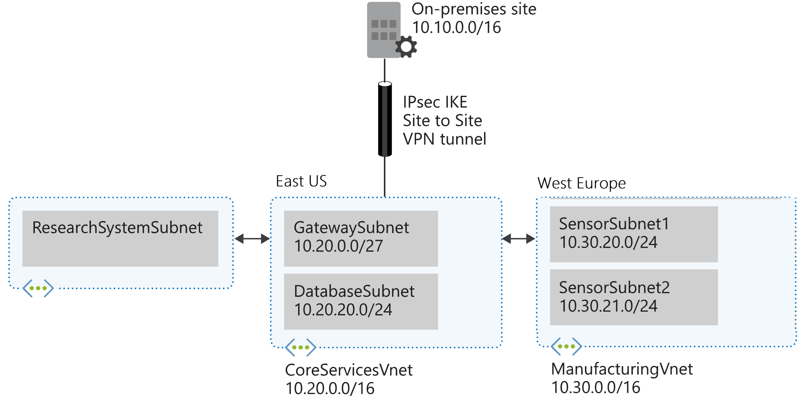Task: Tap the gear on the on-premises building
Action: [x=406, y=47]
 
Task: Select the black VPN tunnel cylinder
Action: [x=385, y=119]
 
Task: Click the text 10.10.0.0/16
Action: [x=456, y=28]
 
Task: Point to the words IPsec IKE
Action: [x=435, y=102]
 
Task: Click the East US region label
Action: [x=301, y=181]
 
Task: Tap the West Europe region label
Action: [x=581, y=183]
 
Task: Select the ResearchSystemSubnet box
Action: [x=120, y=238]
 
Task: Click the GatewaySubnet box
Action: [x=361, y=238]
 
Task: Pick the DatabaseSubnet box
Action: [x=361, y=301]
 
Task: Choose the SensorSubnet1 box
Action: [x=634, y=234]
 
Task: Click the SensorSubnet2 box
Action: [x=634, y=297]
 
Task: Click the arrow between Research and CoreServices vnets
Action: [x=252, y=239]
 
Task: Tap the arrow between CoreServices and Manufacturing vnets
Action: [x=518, y=239]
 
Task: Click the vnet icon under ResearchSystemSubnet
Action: [x=38, y=288]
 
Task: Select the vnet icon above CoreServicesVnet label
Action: [x=300, y=348]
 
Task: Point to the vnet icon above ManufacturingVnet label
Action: [x=566, y=347]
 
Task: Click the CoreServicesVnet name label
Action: [x=349, y=370]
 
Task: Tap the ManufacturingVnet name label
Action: [x=622, y=369]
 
